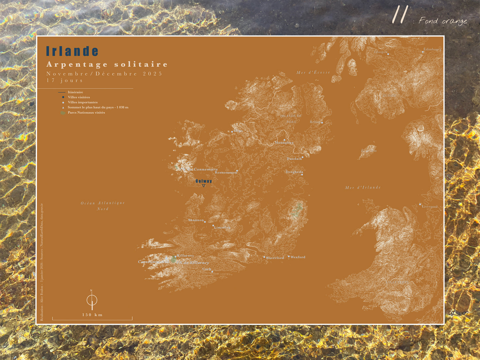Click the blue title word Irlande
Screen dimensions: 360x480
[x=72, y=51]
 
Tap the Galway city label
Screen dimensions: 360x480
[x=204, y=181]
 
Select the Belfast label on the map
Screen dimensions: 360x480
[x=315, y=122]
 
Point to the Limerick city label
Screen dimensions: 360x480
[x=222, y=227]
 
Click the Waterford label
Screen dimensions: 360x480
[x=275, y=258]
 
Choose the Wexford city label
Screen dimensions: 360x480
[x=298, y=257]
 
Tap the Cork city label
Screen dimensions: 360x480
[x=207, y=269]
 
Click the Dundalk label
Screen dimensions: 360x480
[x=294, y=159]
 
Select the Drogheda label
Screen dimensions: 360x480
[x=294, y=172]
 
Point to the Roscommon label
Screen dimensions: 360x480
[x=226, y=172]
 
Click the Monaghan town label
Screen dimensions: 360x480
[x=284, y=142]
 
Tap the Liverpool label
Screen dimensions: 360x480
[x=430, y=207]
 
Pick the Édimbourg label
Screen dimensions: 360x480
[x=432, y=49]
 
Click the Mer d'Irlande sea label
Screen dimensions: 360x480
[x=363, y=188]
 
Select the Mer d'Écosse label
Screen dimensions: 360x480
[x=313, y=72]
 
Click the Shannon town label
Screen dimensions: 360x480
[x=196, y=220]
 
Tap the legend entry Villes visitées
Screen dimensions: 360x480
[x=79, y=97]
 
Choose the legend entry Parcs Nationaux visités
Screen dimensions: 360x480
[x=86, y=113]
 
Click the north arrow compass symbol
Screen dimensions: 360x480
[x=92, y=300]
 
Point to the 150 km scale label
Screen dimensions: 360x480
[x=92, y=315]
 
